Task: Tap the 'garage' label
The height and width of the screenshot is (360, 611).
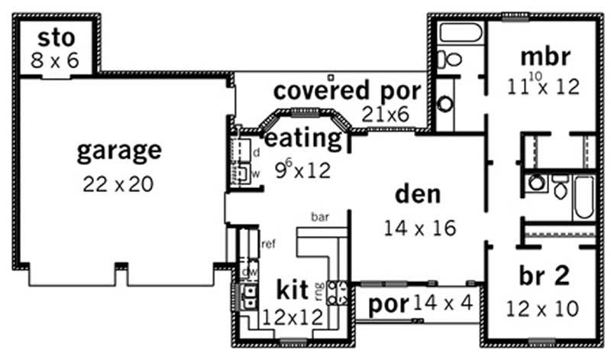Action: coord(119,150)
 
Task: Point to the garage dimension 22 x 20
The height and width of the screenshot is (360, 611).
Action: coord(119,183)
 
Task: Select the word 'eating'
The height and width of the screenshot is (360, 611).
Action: coord(302,139)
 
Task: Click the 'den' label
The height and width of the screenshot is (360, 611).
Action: coord(417,193)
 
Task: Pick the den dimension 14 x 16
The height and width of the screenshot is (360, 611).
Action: coord(420,227)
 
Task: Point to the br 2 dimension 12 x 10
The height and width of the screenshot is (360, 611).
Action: coord(542,308)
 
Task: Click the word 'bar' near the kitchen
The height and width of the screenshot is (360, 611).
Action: coord(319,218)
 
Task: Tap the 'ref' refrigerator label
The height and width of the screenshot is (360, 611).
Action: coord(267,245)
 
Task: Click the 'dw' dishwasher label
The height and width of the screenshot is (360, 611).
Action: coord(247,271)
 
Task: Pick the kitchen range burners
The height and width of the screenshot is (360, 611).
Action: coord(338,293)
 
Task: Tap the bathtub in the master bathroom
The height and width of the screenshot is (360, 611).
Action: coord(461,33)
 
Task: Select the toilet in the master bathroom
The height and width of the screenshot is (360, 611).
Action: coord(452,59)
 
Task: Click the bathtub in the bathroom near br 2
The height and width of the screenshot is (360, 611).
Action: coord(584,196)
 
